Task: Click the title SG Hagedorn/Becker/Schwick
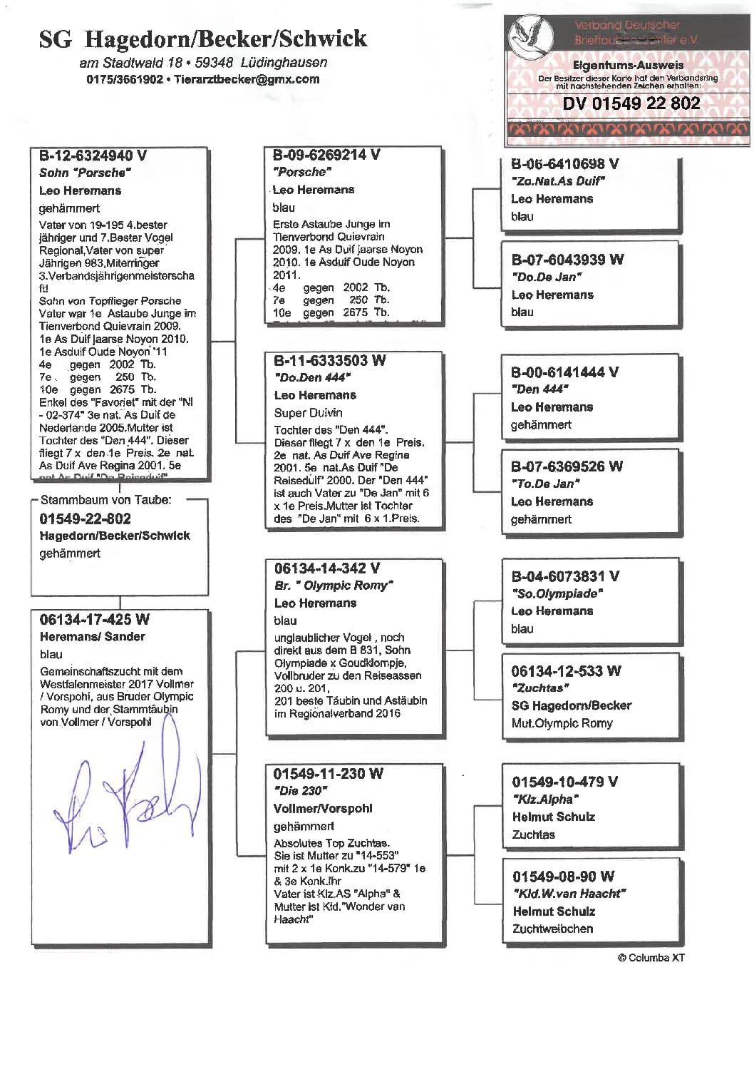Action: click(x=203, y=39)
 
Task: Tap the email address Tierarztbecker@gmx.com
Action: click(x=247, y=79)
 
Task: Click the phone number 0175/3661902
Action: click(x=125, y=79)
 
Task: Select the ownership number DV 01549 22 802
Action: click(x=631, y=103)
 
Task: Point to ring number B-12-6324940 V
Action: click(x=93, y=155)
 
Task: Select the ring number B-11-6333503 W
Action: click(x=329, y=360)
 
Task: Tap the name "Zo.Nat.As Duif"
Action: click(x=557, y=181)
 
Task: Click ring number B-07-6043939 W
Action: click(x=567, y=260)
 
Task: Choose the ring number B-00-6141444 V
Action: click(x=564, y=372)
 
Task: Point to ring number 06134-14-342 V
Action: click(x=326, y=568)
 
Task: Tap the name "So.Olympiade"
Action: click(x=557, y=593)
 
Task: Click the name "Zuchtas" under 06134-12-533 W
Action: click(x=539, y=688)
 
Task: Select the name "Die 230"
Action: click(x=300, y=791)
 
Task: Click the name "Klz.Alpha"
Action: click(x=545, y=800)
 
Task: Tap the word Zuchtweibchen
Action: click(x=552, y=929)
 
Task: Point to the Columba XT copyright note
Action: click(x=651, y=958)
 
